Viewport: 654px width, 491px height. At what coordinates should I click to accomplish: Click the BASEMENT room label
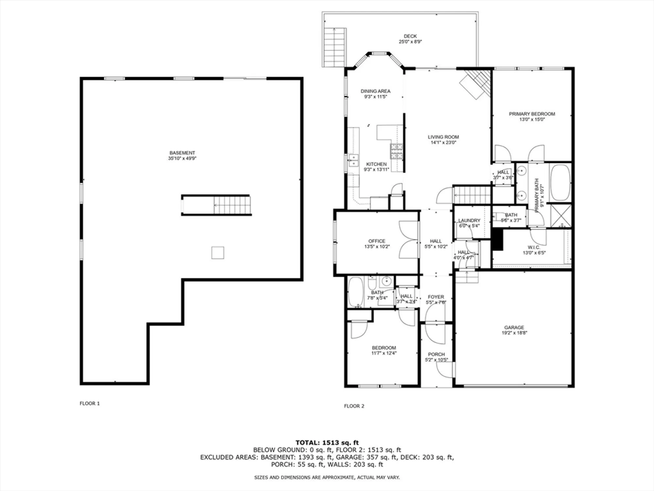[182, 153]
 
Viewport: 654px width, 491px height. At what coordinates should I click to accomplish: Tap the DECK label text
[410, 36]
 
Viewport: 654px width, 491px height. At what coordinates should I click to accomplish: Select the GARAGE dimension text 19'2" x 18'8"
[514, 333]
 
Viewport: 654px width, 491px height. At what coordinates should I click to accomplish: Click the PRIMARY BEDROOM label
[532, 114]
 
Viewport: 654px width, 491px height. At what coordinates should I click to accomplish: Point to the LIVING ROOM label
[443, 137]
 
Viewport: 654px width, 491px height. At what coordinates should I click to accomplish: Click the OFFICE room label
[377, 241]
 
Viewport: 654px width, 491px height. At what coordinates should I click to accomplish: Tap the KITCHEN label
[376, 164]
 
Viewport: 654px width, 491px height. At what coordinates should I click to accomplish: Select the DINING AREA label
[375, 91]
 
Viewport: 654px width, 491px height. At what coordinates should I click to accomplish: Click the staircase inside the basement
[232, 205]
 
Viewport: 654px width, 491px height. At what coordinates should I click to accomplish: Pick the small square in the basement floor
[218, 253]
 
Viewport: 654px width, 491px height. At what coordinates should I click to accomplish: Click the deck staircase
[334, 47]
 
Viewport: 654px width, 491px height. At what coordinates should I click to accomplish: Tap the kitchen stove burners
[396, 151]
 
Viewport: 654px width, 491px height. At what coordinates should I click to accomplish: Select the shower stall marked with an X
[560, 215]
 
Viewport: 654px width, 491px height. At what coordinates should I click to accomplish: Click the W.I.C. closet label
[534, 247]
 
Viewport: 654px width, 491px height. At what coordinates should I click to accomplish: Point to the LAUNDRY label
[469, 221]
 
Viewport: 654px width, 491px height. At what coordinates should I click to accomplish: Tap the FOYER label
[436, 297]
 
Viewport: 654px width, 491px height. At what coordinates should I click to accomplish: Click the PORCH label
[436, 354]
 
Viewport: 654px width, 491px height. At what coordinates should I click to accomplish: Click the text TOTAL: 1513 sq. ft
[327, 443]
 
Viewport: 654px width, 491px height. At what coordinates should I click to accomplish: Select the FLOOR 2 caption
[354, 406]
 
